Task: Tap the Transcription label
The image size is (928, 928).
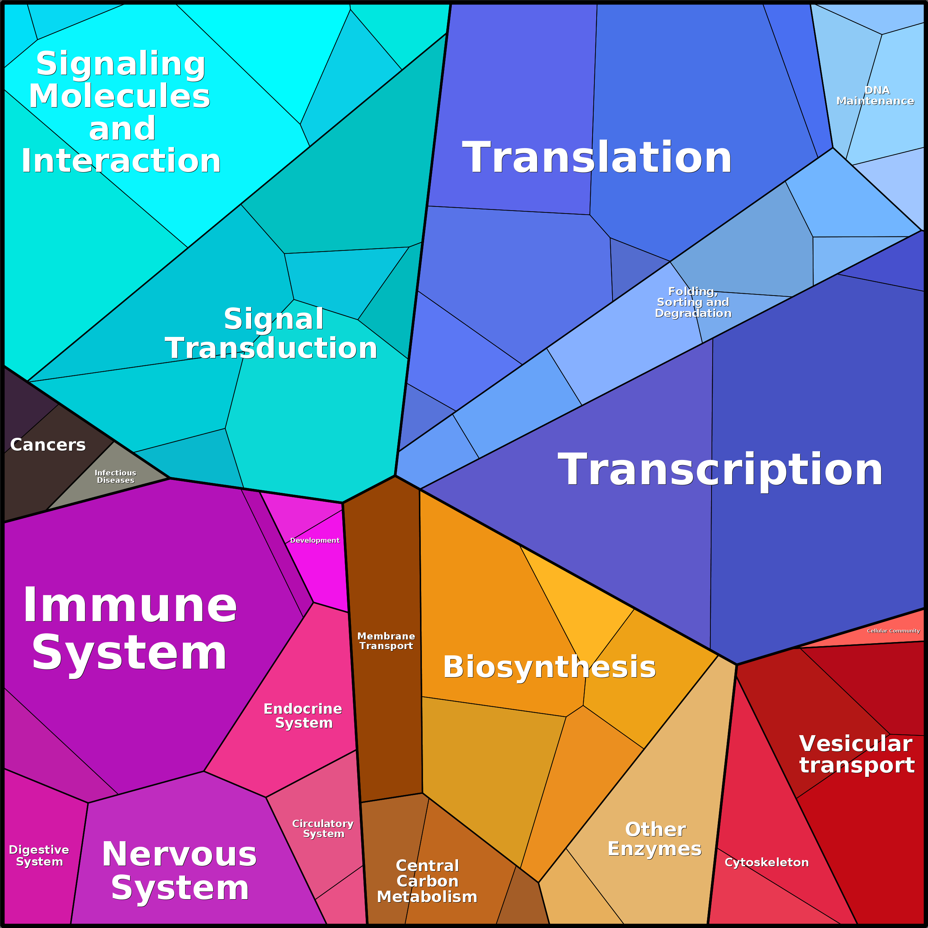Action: [x=720, y=470]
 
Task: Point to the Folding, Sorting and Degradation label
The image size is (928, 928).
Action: [x=693, y=302]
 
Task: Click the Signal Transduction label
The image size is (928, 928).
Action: [x=272, y=333]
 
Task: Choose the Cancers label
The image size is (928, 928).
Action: [x=48, y=445]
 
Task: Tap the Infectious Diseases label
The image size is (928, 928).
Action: [x=115, y=477]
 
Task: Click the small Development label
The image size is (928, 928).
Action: [x=315, y=540]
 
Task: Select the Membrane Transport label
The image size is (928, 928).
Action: [x=386, y=641]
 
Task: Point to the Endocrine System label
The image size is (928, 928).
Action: [x=303, y=716]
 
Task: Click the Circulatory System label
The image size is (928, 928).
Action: [x=323, y=829]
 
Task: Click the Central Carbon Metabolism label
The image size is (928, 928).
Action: [x=427, y=881]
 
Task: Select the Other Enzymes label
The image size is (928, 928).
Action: [x=655, y=839]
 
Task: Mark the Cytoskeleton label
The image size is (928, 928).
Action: [x=767, y=862]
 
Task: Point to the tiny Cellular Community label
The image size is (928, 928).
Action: [x=893, y=631]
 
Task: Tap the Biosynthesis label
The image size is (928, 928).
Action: [x=549, y=667]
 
